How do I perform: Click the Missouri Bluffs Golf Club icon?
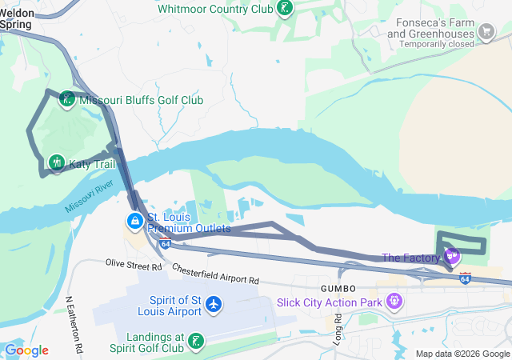tap(68, 100)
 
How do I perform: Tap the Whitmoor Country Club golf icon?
tap(283, 9)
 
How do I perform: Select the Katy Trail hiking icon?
tap(56, 163)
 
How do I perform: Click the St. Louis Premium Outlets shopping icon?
tap(134, 220)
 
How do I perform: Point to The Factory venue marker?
tap(453, 257)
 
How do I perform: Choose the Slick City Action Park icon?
tap(393, 302)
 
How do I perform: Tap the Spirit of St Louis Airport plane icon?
tap(214, 304)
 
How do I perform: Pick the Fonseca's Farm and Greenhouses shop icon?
tap(486, 32)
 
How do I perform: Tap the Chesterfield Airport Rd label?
tap(215, 274)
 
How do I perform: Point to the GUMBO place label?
tap(326, 287)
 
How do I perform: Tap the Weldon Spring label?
tap(16, 18)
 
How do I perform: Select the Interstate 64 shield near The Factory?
tap(465, 278)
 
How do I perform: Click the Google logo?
tap(26, 350)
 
